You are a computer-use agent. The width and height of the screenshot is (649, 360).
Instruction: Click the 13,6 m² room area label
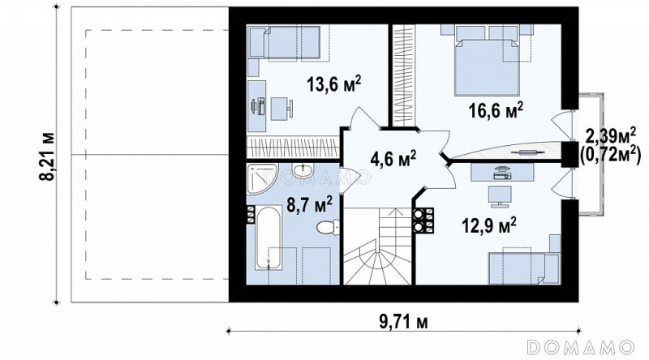coord(333,84)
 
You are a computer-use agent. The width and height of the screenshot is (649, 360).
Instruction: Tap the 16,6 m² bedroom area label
coord(496,110)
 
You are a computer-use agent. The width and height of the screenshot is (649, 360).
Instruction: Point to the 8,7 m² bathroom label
coord(310,204)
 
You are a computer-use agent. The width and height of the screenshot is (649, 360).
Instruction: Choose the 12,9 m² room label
coord(489,226)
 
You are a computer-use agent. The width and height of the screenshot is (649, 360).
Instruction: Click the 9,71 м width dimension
coord(403,322)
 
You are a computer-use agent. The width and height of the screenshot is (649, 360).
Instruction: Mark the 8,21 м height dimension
coord(47,156)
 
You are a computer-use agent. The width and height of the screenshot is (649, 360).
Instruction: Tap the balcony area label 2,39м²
coord(611,135)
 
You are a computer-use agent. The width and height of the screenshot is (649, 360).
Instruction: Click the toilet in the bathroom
coord(328,227)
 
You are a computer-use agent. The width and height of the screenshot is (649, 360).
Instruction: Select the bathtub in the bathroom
coord(268,238)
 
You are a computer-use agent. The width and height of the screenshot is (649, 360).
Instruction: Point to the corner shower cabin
coord(260,178)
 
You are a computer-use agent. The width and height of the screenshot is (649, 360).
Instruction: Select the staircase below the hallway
coord(377,246)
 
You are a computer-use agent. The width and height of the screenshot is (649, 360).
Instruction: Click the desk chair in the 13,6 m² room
coord(282,109)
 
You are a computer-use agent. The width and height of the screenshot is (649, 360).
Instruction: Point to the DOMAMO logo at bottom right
coord(581,346)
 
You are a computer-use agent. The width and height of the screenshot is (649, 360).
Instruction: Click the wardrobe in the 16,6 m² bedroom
coord(402,74)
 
